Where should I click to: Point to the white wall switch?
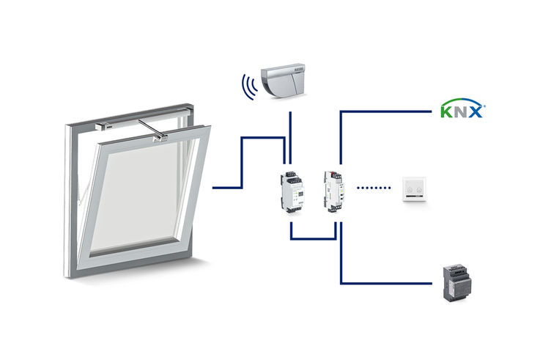[415, 190]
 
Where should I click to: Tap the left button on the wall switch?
[409, 194]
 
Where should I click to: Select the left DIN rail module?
[292, 191]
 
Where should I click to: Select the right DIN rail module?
[333, 190]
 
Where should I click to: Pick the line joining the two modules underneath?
[313, 238]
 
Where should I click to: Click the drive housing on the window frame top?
[121, 121]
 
